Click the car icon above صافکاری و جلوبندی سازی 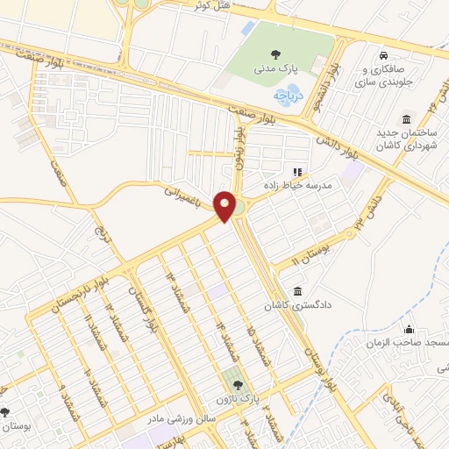coord(383,53)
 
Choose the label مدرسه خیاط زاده coord(295,186)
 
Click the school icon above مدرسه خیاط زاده coord(296,172)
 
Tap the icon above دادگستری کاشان coord(298,291)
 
